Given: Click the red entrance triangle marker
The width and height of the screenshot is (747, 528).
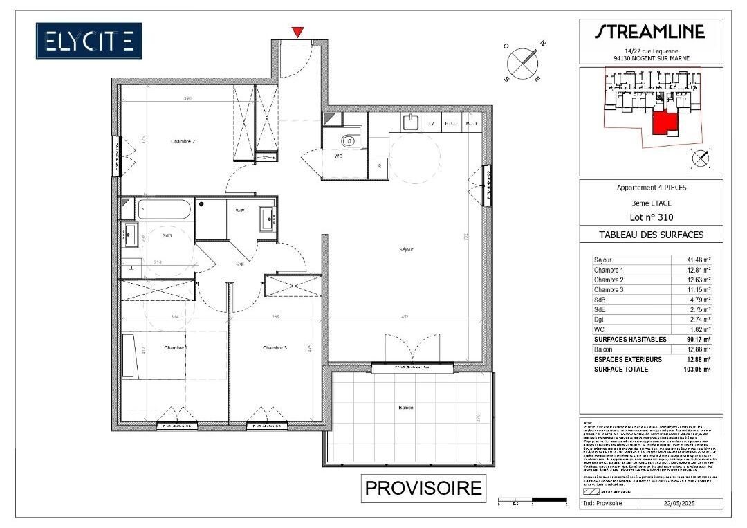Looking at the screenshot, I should tap(297, 32).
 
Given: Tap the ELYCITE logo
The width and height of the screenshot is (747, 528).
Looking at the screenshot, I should tap(89, 41).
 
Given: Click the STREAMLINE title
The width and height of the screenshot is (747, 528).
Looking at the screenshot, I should tap(650, 32).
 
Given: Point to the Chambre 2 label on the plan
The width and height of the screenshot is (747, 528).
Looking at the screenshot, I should tap(183, 142).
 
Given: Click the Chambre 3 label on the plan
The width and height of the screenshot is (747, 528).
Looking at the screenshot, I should tap(275, 347).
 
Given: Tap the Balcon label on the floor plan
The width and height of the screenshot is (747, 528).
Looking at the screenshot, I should tap(406, 408).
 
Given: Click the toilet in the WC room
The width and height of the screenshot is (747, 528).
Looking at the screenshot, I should tap(349, 141).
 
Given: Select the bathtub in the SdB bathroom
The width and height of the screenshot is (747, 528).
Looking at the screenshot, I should tap(165, 209).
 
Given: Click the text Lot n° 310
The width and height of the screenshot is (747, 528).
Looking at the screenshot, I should tap(650, 217).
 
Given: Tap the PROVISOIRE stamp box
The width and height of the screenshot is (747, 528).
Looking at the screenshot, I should tap(423, 487).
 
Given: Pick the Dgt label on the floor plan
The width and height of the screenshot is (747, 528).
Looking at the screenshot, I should tap(240, 264).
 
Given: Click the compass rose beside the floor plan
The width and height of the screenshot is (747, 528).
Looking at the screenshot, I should tap(524, 63).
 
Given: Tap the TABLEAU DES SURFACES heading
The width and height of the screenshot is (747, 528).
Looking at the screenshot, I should tap(650, 235).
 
